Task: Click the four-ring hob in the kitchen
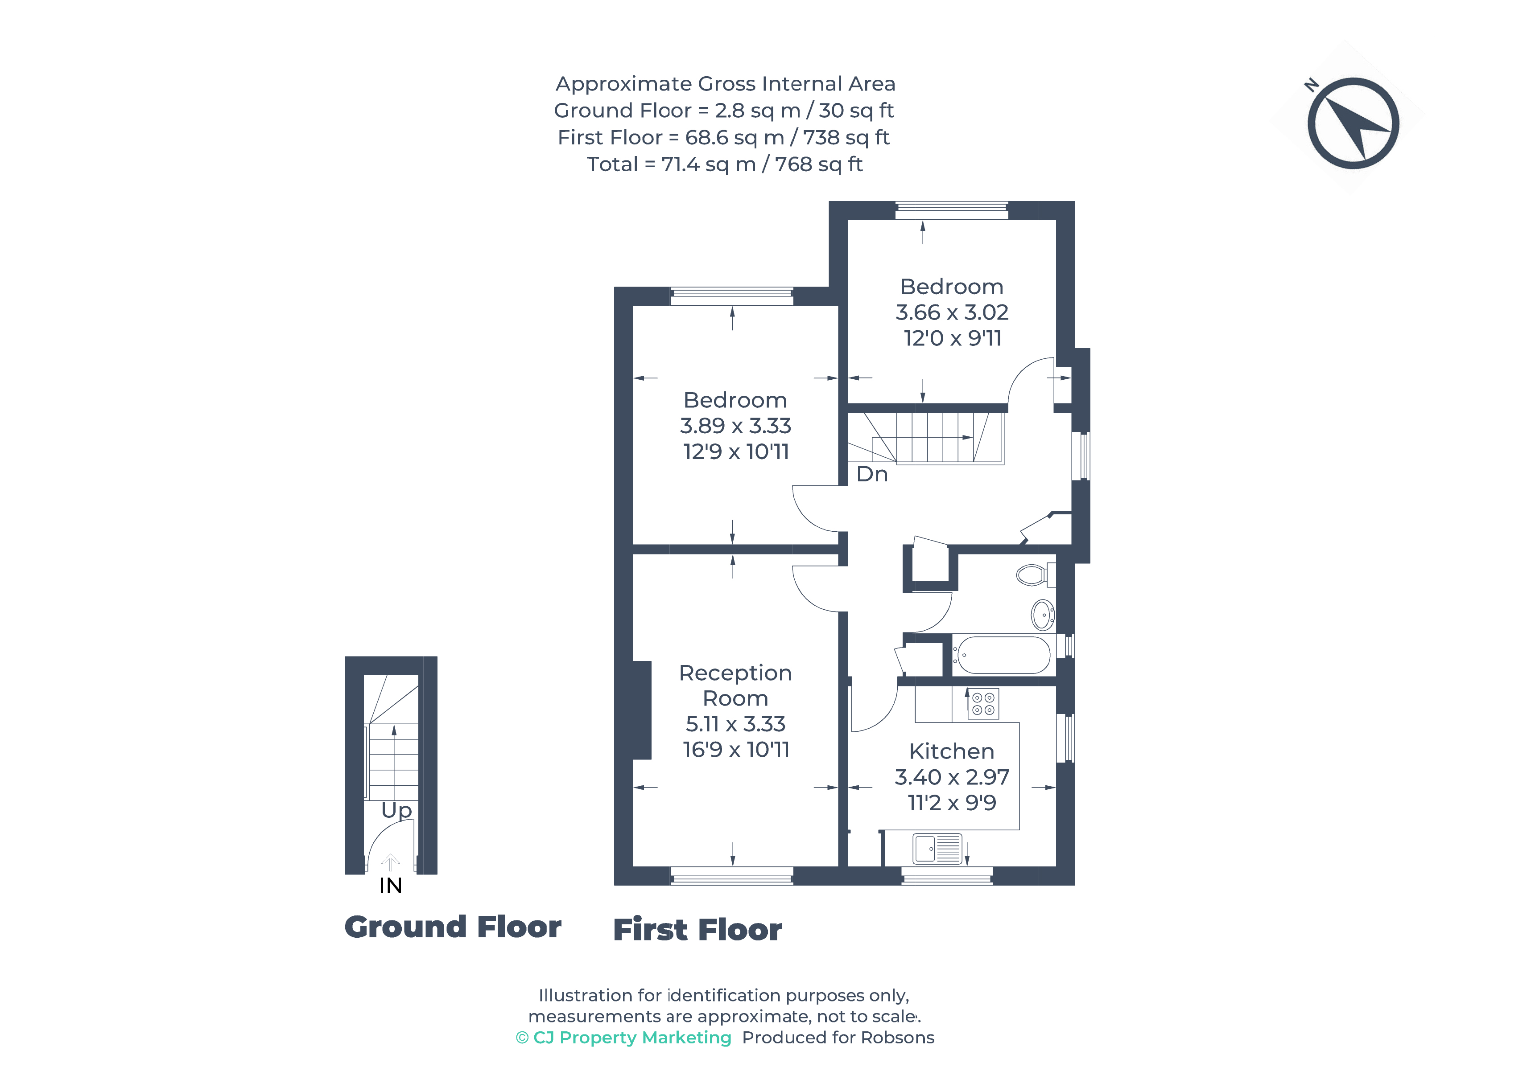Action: click(983, 704)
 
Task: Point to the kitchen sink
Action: click(937, 849)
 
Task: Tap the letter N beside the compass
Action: click(1311, 85)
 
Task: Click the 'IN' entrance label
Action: click(391, 886)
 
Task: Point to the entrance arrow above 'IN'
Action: click(390, 862)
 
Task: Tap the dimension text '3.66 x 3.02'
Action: click(952, 312)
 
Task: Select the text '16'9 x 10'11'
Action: click(735, 749)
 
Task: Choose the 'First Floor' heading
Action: click(697, 930)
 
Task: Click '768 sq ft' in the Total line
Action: click(819, 164)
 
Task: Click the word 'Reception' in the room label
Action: click(735, 673)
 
